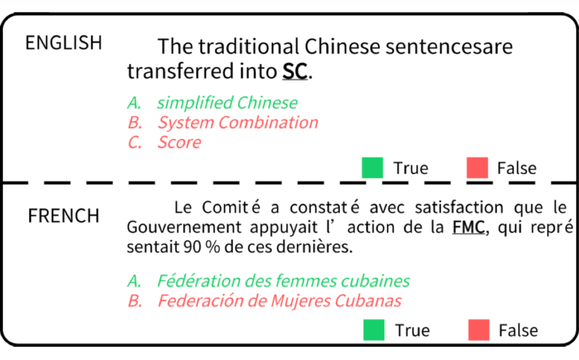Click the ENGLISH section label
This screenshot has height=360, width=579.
click(x=63, y=43)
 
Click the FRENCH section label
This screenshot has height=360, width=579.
click(x=63, y=215)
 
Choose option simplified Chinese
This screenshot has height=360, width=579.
click(x=227, y=102)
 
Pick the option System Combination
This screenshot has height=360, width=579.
click(x=237, y=122)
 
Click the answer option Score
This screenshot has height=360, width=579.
click(x=179, y=142)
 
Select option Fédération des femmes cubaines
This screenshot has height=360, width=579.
click(x=283, y=281)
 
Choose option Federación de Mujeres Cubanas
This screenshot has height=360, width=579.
click(x=279, y=301)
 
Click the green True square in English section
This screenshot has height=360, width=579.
click(x=372, y=168)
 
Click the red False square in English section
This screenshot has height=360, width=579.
click(x=477, y=168)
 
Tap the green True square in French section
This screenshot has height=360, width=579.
click(x=374, y=330)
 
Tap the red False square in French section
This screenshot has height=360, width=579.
click(x=479, y=330)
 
